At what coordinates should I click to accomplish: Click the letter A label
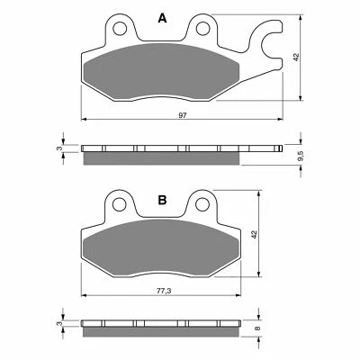(163, 18)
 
